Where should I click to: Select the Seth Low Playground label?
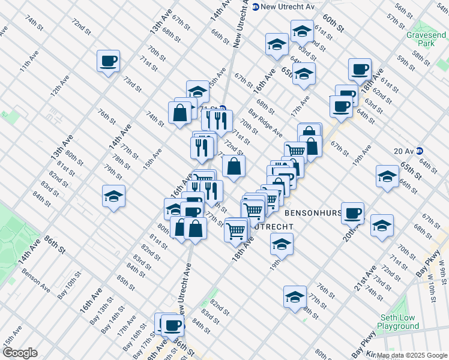(399, 322)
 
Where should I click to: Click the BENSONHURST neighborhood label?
(313, 213)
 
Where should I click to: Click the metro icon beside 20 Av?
(420, 151)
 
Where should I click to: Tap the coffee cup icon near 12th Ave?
(109, 61)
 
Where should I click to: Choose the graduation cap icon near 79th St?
(113, 197)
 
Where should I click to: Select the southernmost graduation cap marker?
(295, 298)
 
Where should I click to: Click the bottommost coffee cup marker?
(173, 325)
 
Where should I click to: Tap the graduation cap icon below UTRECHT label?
(281, 244)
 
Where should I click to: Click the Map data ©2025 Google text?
(412, 355)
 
